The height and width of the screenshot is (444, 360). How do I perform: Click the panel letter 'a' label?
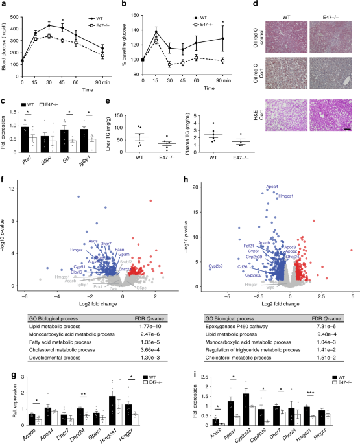tap(4, 4)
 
